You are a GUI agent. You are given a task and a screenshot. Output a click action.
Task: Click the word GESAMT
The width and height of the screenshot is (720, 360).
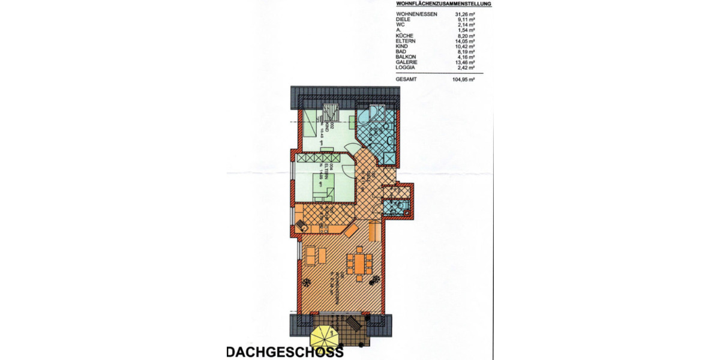point(406,79)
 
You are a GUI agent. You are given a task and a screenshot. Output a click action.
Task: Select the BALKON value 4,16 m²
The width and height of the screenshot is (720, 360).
point(466,56)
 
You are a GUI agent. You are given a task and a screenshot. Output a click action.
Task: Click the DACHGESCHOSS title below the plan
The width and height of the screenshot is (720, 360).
point(284,352)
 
